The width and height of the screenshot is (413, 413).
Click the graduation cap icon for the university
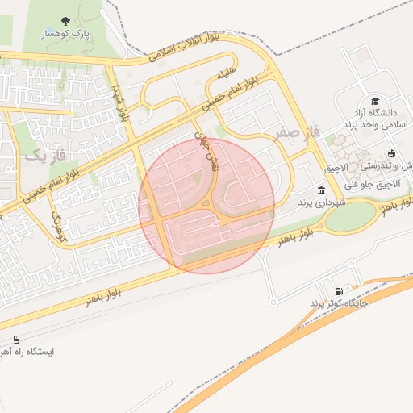(x=376, y=98)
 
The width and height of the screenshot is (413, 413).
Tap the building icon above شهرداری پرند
(x=322, y=190)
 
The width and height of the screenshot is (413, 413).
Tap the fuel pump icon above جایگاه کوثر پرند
(x=338, y=290)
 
